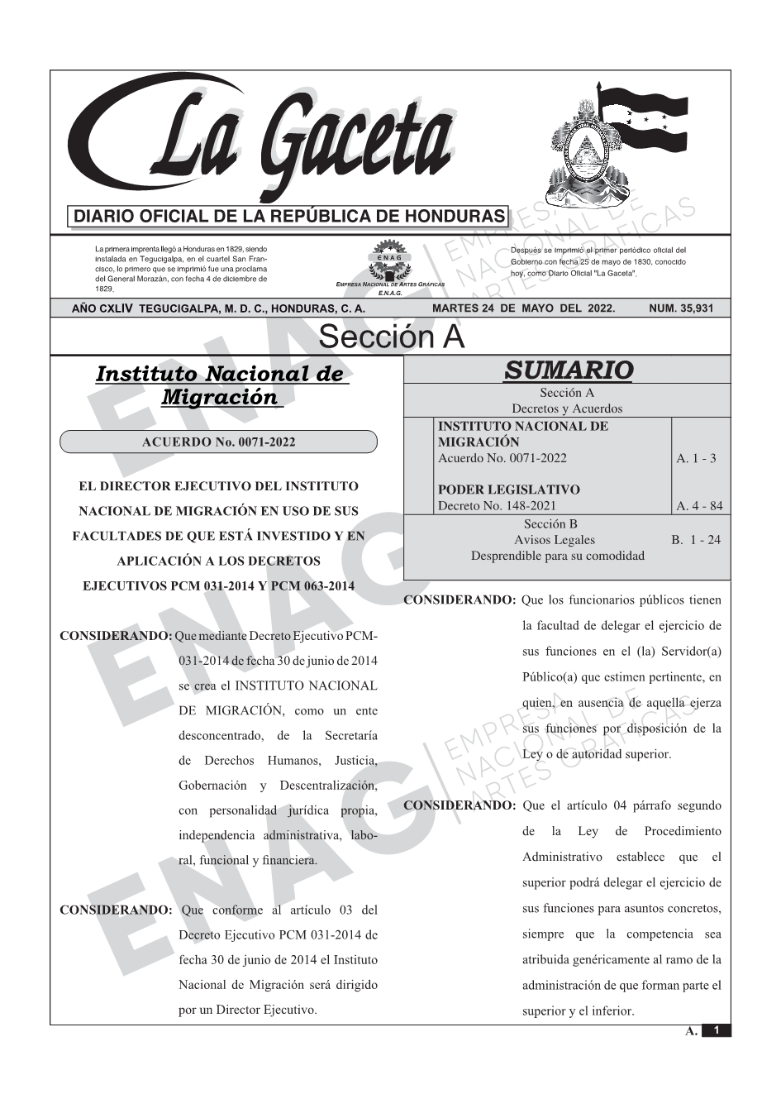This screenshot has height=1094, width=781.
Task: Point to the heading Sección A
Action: [x=391, y=337]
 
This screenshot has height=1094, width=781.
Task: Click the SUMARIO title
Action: [x=568, y=370]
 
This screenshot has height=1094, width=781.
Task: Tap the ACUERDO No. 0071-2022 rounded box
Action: [x=218, y=442]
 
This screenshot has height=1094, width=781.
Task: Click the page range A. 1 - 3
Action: [x=696, y=458]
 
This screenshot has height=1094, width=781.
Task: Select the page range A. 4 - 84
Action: [x=698, y=505]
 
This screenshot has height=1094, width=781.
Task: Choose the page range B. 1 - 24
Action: [x=695, y=540]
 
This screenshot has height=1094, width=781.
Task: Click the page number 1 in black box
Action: [x=716, y=1030]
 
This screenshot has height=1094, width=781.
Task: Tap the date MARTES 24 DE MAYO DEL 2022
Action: [x=523, y=308]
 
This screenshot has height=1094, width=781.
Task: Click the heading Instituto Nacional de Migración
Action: [x=220, y=385]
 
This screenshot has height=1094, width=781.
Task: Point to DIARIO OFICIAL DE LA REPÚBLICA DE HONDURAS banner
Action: [x=289, y=217]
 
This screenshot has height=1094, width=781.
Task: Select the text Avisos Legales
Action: [x=554, y=540]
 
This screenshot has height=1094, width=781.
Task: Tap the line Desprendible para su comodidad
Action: [x=557, y=556]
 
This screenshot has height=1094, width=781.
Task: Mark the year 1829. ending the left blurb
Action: [x=104, y=289]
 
